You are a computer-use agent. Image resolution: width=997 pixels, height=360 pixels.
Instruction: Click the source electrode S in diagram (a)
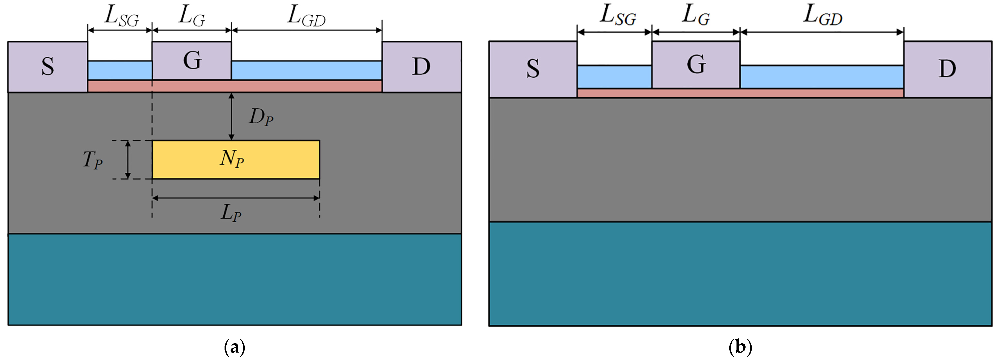(48, 67)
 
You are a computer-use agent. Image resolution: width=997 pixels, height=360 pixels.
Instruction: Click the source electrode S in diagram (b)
(533, 69)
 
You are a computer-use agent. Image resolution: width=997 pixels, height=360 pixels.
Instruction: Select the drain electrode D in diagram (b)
(947, 69)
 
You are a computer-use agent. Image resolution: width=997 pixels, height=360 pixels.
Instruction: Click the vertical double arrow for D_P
(232, 116)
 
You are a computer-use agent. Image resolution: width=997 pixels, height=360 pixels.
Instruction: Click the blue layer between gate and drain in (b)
(821, 77)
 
